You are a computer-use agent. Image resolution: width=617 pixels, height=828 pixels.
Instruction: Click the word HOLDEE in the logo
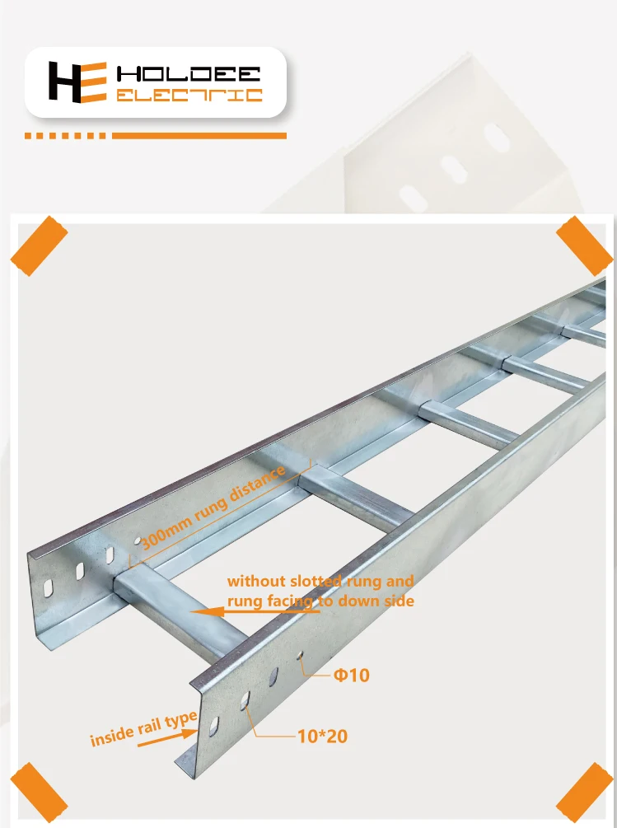pyautogui.click(x=190, y=73)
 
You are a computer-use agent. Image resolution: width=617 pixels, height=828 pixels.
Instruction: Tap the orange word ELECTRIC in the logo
pyautogui.click(x=189, y=96)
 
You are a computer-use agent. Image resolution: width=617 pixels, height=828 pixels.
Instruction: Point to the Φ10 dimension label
pyautogui.click(x=352, y=676)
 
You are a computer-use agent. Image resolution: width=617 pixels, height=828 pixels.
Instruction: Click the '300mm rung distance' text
pyautogui.click(x=213, y=508)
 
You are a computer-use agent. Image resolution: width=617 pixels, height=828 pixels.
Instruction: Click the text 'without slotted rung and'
pyautogui.click(x=320, y=582)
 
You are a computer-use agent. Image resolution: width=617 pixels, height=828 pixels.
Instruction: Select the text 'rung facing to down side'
pyautogui.click(x=320, y=601)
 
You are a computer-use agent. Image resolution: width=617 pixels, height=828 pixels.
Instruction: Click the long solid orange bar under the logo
pyautogui.click(x=200, y=135)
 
